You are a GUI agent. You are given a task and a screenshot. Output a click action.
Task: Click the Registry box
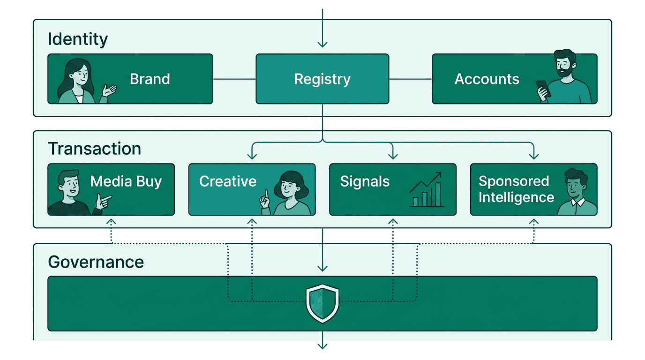tap(322, 79)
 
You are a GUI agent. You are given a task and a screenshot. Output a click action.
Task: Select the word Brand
tap(150, 79)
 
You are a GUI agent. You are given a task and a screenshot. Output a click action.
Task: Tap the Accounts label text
tap(487, 79)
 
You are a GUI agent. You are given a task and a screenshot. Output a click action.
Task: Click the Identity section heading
tap(78, 39)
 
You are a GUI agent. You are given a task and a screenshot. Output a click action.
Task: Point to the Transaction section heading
tap(95, 149)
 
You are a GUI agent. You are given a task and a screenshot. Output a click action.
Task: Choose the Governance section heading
tap(96, 262)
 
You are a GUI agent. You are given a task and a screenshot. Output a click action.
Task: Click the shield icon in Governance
tap(322, 303)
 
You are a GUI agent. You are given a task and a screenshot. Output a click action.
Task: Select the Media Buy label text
tap(126, 181)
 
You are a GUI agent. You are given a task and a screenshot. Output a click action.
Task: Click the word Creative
tap(228, 181)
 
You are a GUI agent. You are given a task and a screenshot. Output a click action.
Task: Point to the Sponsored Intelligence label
tap(516, 189)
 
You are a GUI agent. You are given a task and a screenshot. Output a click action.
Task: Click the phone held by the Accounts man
tap(543, 89)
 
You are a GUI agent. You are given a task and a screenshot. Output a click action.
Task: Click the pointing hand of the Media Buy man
tap(104, 201)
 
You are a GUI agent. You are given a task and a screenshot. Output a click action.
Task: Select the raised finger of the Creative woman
tap(265, 196)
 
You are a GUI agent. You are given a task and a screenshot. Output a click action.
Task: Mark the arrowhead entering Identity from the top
tap(322, 44)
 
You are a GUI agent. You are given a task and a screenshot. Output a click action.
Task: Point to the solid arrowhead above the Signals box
tap(393, 156)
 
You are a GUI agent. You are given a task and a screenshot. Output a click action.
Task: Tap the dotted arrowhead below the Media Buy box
tap(111, 221)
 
